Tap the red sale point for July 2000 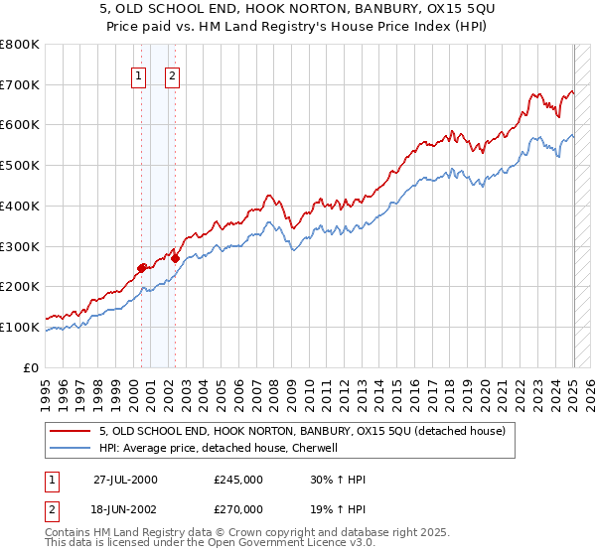pyautogui.click(x=142, y=267)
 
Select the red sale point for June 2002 pyautogui.click(x=175, y=258)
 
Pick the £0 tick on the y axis pyautogui.click(x=33, y=367)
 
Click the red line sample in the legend pyautogui.click(x=72, y=431)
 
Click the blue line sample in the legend pyautogui.click(x=72, y=448)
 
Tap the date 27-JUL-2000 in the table pyautogui.click(x=125, y=480)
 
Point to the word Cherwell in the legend pyautogui.click(x=315, y=448)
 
